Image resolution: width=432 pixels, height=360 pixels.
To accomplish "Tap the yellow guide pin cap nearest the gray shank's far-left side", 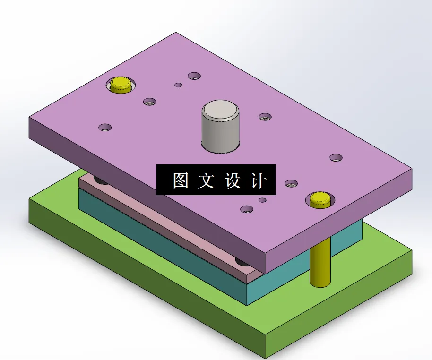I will tap(121, 85).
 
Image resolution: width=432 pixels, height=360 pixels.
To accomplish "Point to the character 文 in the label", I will tap(206, 180).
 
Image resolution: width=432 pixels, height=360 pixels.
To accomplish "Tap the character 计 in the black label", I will tap(258, 180).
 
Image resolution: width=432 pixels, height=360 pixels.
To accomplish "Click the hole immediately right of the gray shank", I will tap(265, 116).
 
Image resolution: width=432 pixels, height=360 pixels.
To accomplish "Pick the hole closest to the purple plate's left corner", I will tap(105, 127).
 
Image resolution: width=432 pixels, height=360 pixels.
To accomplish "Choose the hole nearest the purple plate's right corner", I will tap(336, 157).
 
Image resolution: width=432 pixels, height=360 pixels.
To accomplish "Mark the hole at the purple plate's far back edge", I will tap(194, 76).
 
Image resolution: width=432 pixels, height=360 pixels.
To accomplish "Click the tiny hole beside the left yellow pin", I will tap(178, 85).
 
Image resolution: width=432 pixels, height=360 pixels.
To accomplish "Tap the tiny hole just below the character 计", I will tap(262, 200).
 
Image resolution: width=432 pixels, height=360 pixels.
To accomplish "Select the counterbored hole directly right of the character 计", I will tap(291, 182).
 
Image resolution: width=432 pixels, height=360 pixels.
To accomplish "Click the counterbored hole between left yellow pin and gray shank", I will tap(150, 101).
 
